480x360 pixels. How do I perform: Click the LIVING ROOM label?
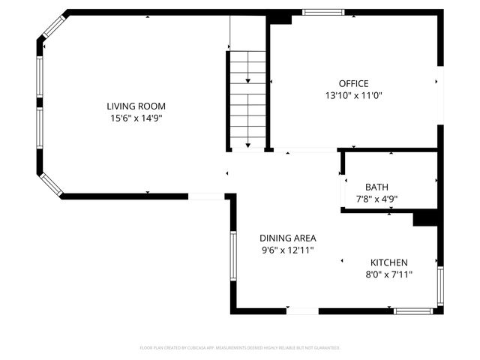(x=136, y=106)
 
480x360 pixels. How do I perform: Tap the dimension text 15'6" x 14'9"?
(x=136, y=118)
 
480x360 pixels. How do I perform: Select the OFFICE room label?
(x=353, y=83)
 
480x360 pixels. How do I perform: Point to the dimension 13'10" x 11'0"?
(x=353, y=95)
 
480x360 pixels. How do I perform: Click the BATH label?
(x=376, y=187)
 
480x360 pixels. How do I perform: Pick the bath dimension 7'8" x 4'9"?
(x=376, y=199)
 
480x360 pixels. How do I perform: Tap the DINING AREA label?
(x=288, y=238)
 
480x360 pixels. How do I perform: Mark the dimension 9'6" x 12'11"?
(x=288, y=250)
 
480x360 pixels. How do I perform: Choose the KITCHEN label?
(x=389, y=262)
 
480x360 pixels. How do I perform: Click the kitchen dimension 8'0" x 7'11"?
(x=389, y=274)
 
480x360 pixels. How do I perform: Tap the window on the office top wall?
(x=323, y=12)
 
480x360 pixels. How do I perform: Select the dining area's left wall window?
(x=233, y=255)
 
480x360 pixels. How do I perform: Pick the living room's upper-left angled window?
(x=53, y=28)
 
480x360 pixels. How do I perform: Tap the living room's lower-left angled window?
(x=51, y=184)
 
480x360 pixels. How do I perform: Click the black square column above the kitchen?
(x=425, y=217)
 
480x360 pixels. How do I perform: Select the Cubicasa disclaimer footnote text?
(x=240, y=348)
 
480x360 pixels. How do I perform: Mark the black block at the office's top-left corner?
(x=280, y=17)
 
